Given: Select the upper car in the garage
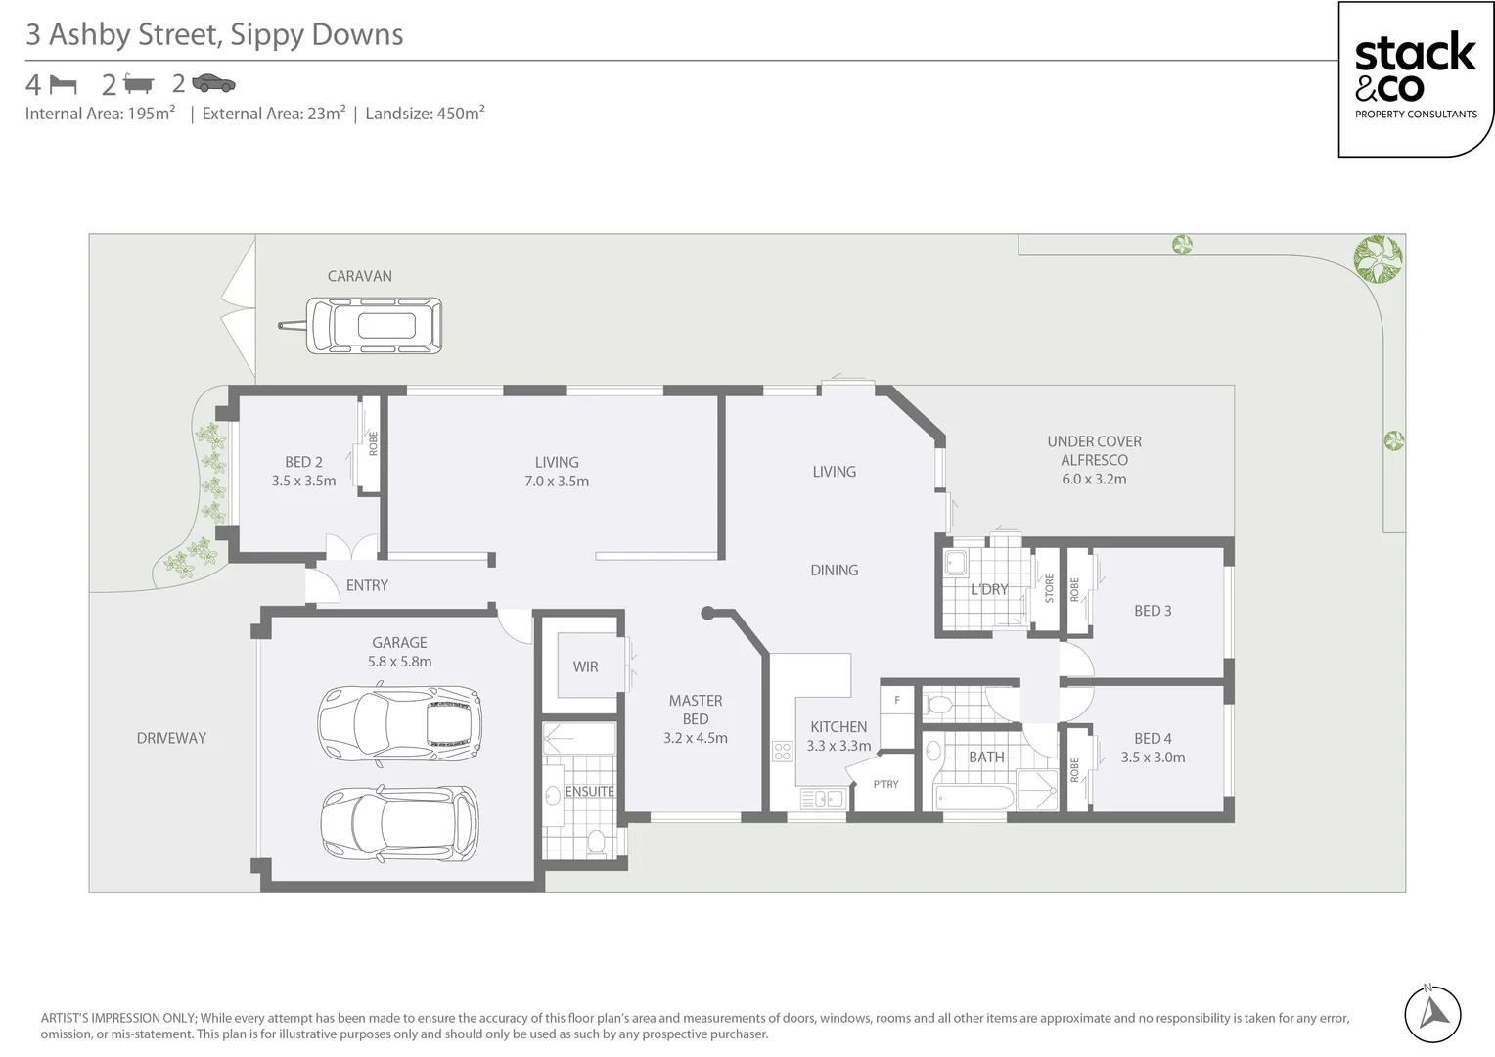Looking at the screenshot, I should [399, 724].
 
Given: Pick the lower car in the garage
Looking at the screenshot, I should [399, 823].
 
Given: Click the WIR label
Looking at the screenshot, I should [585, 666].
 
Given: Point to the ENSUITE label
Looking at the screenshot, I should [589, 791].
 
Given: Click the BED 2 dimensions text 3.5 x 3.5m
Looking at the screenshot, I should [303, 481].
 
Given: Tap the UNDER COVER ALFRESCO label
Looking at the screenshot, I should [1094, 451].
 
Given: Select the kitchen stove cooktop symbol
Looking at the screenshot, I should [783, 751].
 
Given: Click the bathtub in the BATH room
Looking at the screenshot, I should [974, 796].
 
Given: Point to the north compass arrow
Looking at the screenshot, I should [1432, 1013].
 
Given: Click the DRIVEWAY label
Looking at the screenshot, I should [171, 738].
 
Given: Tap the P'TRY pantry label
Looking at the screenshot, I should [885, 784].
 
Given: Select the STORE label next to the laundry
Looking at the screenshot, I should [1049, 588].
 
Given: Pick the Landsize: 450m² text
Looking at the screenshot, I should [425, 114].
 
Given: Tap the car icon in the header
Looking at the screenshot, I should [213, 84].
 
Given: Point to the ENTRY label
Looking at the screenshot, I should [367, 585].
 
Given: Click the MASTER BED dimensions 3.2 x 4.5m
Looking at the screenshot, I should [695, 738].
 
